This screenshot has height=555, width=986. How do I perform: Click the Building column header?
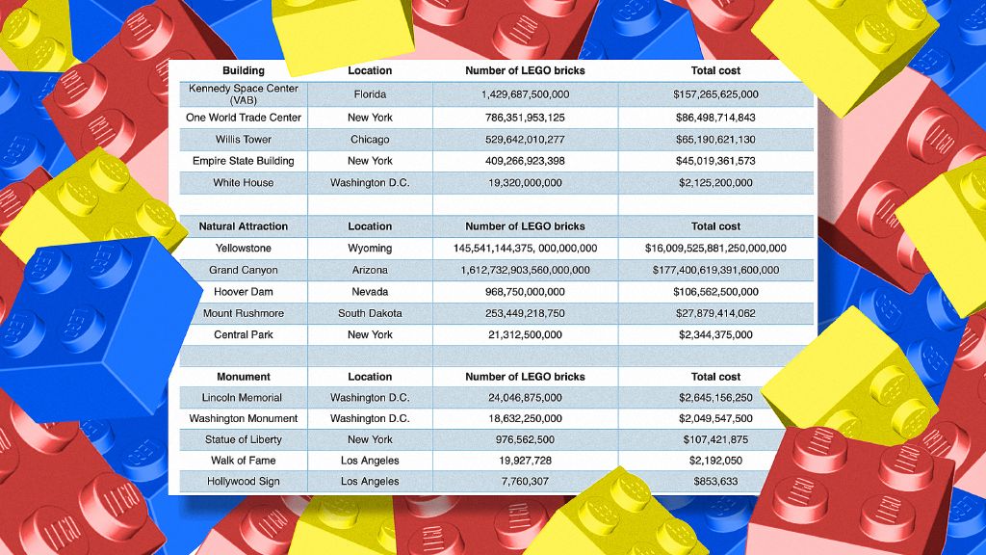(243, 70)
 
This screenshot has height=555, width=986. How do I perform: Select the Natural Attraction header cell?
(243, 226)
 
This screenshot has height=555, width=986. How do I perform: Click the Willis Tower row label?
(243, 140)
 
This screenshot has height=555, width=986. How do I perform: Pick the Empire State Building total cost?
(715, 161)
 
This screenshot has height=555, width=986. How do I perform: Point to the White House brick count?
(525, 183)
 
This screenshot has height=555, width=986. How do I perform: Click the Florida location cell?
(370, 94)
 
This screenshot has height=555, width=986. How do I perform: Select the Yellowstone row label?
(243, 249)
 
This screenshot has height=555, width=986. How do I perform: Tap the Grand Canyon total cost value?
(715, 271)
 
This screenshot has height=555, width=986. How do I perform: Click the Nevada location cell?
(370, 292)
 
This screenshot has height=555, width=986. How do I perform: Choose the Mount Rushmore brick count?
(525, 314)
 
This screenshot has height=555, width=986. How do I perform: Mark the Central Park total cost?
(715, 335)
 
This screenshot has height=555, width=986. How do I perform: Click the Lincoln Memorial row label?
(243, 398)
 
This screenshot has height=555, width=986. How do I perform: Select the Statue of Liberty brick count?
(525, 440)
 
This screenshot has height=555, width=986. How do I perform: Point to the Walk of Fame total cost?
(715, 461)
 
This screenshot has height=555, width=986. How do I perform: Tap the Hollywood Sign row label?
(243, 482)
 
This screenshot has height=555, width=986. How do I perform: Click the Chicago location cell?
(370, 140)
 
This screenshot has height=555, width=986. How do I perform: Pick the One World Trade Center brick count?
(525, 118)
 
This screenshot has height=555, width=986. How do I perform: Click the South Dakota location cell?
(370, 314)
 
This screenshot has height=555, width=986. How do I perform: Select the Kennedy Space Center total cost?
(715, 94)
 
